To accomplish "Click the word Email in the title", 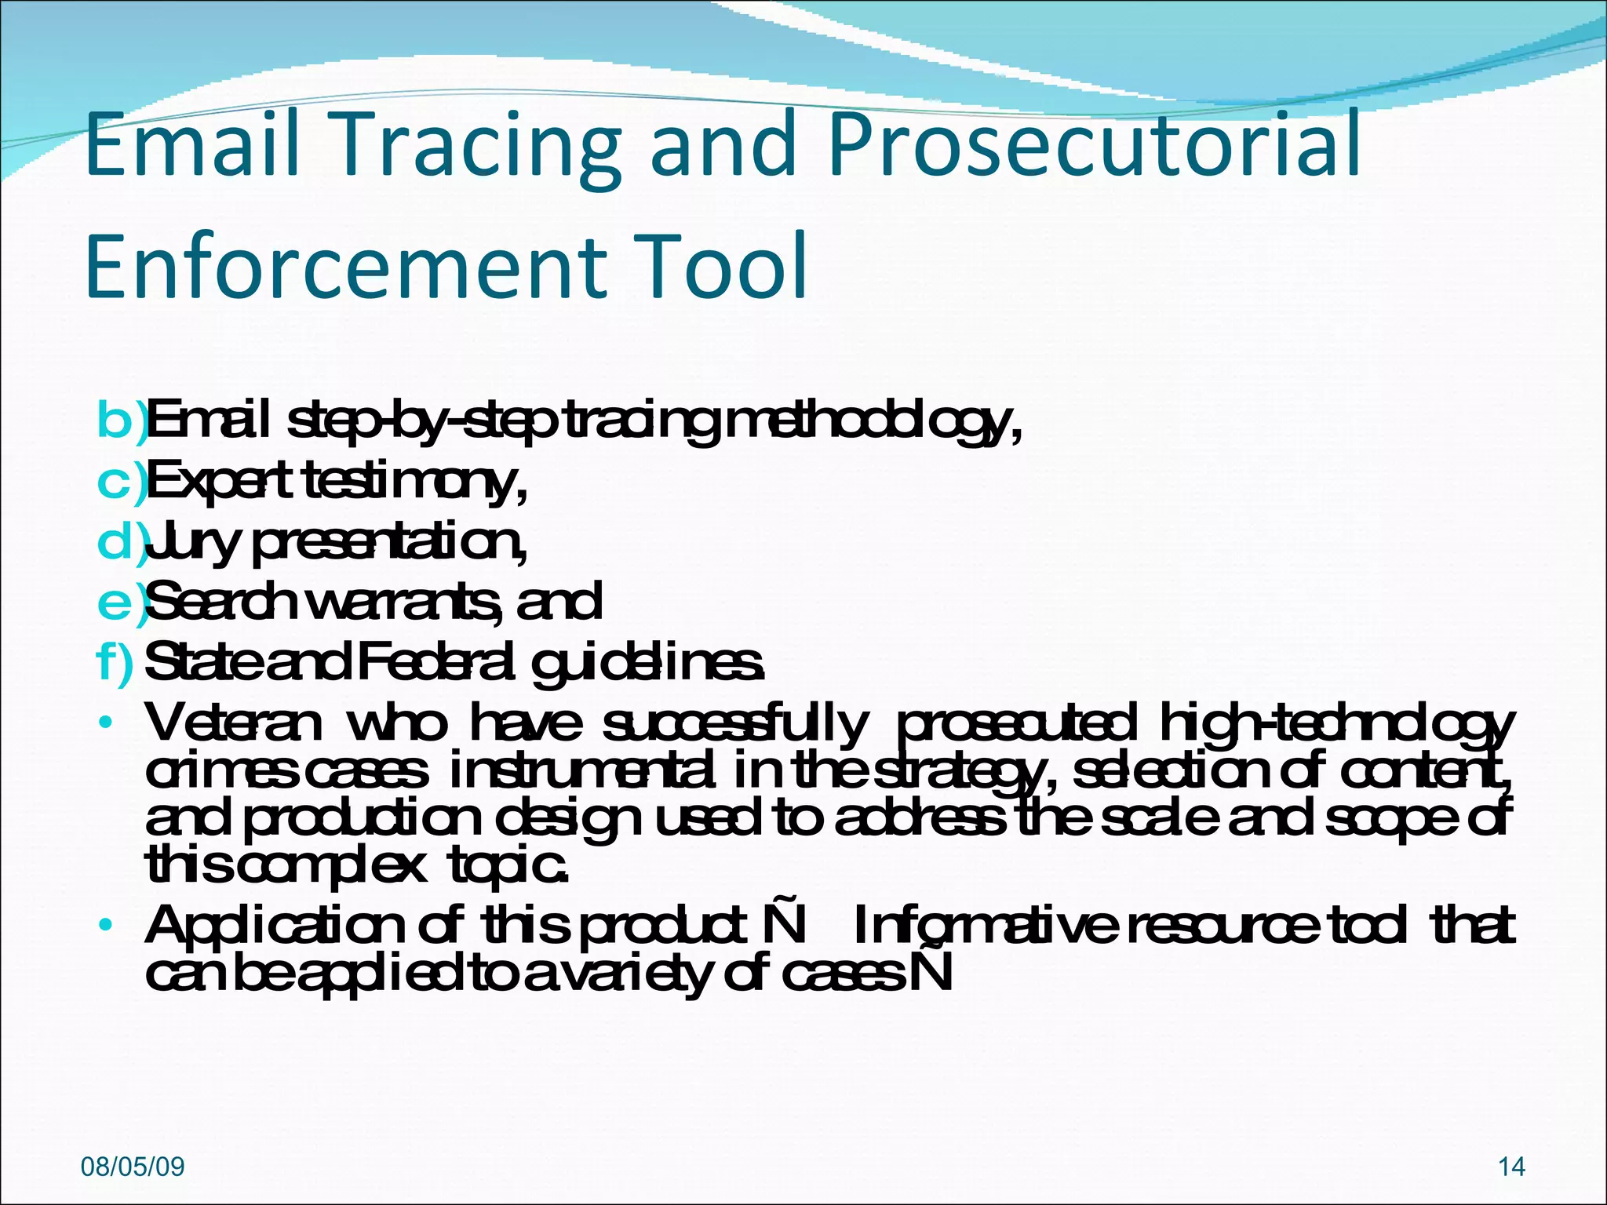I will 193,145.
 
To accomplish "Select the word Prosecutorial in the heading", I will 1095,145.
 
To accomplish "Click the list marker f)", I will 115,663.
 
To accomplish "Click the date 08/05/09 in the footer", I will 133,1167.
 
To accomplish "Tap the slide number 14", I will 1511,1167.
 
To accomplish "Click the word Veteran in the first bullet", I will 233,723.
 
